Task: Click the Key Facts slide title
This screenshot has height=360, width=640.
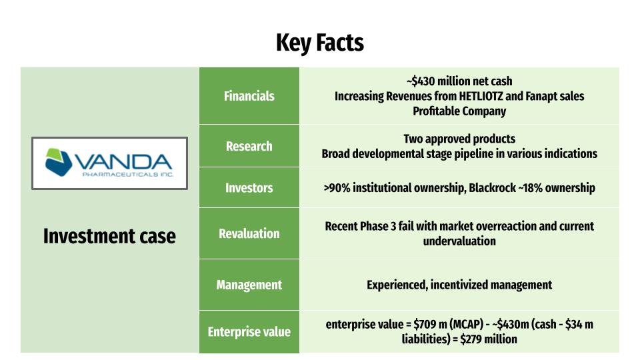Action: (x=319, y=43)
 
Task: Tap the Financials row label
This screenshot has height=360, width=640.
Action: (x=249, y=96)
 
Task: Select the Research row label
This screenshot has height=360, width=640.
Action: (x=249, y=146)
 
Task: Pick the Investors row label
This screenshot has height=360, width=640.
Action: (x=249, y=188)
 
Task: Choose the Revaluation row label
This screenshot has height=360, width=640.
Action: (x=249, y=233)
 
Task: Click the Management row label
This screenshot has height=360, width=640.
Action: (x=249, y=285)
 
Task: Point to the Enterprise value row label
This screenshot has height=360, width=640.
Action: (x=249, y=332)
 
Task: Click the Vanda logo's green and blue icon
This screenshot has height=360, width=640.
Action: (x=59, y=162)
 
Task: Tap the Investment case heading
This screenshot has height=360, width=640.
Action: (x=109, y=236)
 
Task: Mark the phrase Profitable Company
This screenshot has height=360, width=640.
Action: (x=459, y=111)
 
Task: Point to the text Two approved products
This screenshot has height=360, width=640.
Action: (x=459, y=139)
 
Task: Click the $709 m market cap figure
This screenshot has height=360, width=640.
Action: (x=430, y=325)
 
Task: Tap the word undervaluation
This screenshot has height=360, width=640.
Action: (x=459, y=241)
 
